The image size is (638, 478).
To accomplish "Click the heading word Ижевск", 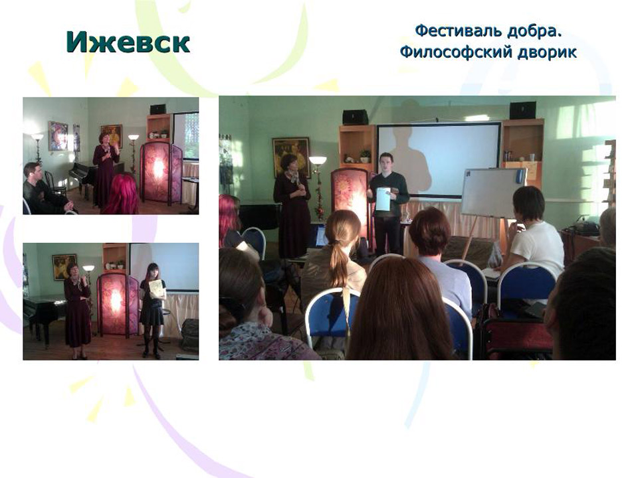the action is [x=128, y=42].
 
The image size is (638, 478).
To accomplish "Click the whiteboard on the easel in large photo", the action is [x=494, y=193].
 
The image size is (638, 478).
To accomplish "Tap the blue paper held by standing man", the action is [x=383, y=199].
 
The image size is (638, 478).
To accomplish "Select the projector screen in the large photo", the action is [x=439, y=159].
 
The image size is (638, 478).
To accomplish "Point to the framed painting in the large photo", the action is [x=291, y=157].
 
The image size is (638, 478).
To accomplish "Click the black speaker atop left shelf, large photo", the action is [x=355, y=117].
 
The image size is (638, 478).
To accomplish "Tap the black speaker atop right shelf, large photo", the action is [x=522, y=110].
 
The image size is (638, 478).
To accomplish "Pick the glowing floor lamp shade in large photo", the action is [x=318, y=160].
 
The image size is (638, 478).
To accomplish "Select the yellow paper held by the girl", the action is [x=156, y=288].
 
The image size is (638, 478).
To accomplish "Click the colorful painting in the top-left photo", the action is [x=58, y=135].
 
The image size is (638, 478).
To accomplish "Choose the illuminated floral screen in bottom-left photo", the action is [x=116, y=303].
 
